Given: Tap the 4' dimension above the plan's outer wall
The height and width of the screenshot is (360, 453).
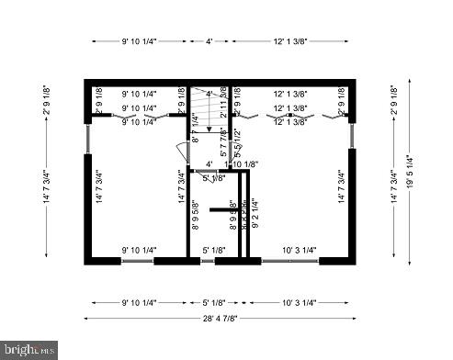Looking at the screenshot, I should tap(209, 41).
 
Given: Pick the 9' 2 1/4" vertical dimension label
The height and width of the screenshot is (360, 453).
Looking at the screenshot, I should tap(254, 215).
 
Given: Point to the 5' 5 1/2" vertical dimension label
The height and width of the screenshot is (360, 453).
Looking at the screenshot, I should tap(238, 148).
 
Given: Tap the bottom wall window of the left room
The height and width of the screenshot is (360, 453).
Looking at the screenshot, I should tap(139, 261).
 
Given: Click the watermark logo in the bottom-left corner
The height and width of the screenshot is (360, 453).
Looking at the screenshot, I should tap(29, 350).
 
